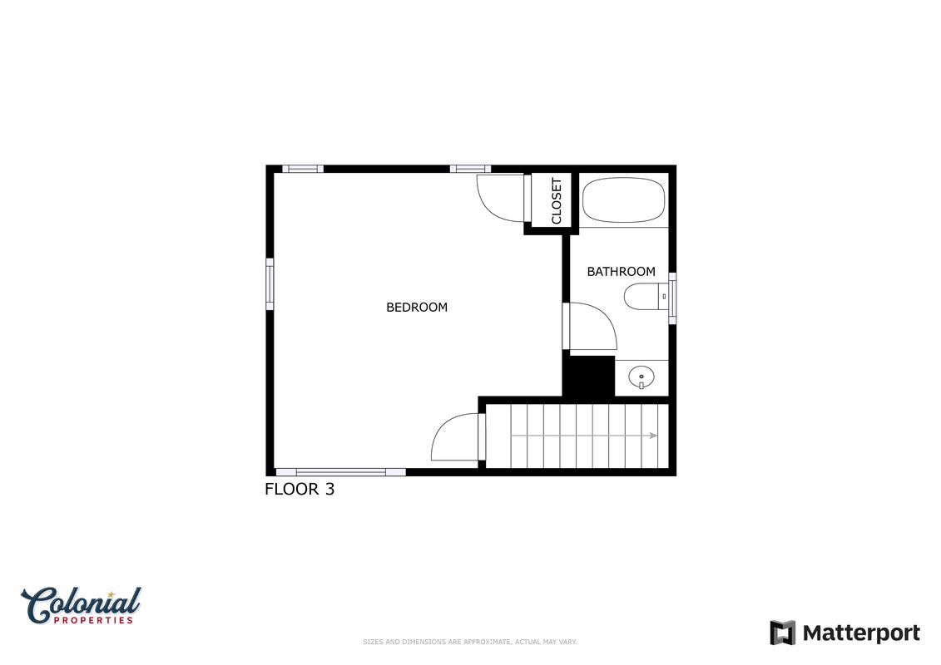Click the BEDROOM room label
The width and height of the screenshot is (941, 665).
click(x=417, y=308)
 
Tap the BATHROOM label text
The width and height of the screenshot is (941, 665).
click(x=621, y=272)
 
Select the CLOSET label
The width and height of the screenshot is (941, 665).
click(x=557, y=201)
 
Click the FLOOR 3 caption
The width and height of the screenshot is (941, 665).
click(x=300, y=490)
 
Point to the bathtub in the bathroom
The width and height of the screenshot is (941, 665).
click(x=623, y=200)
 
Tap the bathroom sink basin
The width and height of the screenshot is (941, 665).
click(x=641, y=377)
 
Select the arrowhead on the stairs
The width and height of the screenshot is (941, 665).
click(x=653, y=436)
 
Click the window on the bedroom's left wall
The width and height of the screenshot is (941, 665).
click(x=270, y=284)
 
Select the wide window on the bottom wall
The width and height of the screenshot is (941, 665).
click(x=340, y=472)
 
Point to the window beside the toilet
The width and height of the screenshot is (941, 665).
click(x=672, y=298)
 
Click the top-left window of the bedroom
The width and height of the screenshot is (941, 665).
click(x=303, y=169)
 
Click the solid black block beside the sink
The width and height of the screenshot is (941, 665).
click(x=588, y=376)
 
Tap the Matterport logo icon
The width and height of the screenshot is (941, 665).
click(x=783, y=633)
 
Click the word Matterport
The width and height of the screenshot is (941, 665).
click(x=861, y=633)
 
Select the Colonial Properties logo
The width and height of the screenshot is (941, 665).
click(x=81, y=606)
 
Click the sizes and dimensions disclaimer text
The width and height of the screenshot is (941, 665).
click(x=470, y=643)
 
